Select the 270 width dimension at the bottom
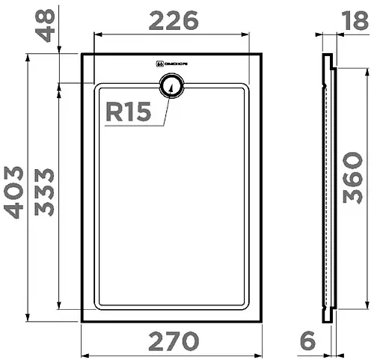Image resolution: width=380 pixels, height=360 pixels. click(x=174, y=341)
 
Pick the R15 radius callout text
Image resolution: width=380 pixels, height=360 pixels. click(x=127, y=112)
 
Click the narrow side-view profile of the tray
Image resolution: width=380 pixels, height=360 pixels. click(x=328, y=187)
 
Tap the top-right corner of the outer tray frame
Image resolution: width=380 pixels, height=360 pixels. click(x=260, y=54)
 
